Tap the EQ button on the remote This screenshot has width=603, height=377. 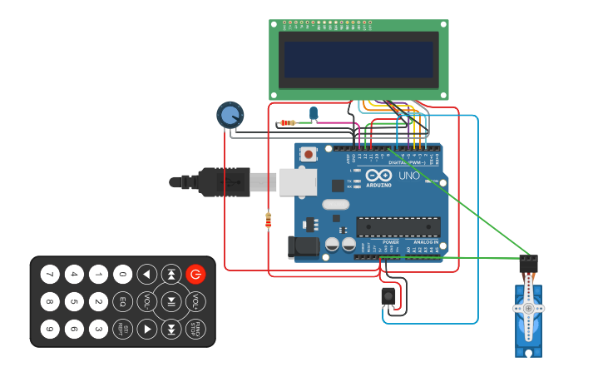point(123,301)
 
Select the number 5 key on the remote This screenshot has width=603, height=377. point(74,301)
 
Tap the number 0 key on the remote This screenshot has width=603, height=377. point(123,274)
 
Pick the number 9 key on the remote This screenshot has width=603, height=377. point(50,329)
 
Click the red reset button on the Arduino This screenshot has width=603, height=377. point(309,154)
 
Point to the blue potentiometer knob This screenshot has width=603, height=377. point(230,115)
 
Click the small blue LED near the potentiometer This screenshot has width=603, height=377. point(314,112)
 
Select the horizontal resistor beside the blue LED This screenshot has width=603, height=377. point(288,123)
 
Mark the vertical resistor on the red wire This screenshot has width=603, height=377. point(268,220)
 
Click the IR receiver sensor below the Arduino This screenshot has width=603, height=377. point(388,295)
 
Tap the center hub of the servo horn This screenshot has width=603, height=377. point(528,308)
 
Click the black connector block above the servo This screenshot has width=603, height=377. point(528,264)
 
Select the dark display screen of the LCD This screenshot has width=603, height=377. point(359,59)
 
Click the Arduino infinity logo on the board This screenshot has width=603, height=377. point(378,176)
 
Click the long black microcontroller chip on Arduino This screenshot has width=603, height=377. point(398,226)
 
